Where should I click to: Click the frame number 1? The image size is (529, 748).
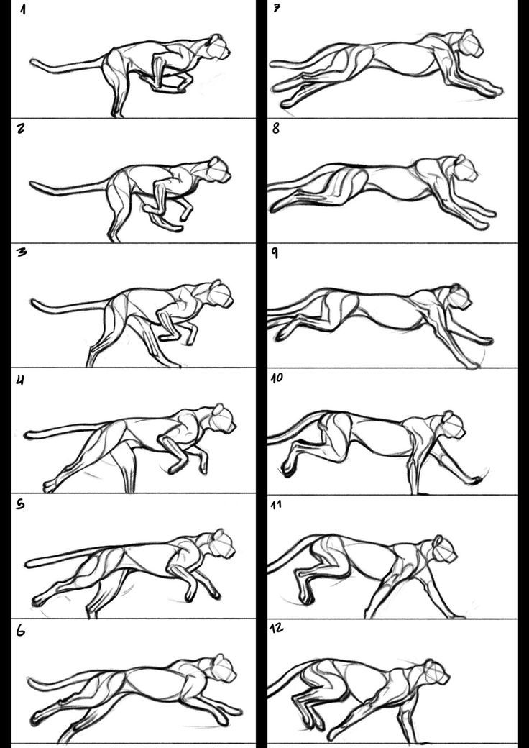(x=23, y=9)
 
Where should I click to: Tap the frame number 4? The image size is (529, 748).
(x=21, y=381)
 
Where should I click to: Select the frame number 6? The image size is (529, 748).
(x=21, y=631)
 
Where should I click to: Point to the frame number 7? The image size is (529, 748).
(x=277, y=9)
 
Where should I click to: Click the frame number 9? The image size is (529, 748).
(x=275, y=253)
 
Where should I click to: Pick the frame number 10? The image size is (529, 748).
(x=277, y=378)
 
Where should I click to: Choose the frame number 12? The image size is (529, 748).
(x=277, y=629)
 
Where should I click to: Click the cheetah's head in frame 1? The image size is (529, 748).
(x=218, y=47)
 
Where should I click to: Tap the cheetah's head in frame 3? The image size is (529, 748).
(x=221, y=293)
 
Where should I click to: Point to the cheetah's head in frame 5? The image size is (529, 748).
(x=223, y=543)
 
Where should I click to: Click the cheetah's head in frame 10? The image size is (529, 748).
(x=453, y=424)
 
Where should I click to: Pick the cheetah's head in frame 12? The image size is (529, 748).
(x=437, y=672)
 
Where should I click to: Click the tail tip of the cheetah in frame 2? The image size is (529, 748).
(x=32, y=183)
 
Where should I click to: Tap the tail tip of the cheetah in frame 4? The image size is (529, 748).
(x=27, y=434)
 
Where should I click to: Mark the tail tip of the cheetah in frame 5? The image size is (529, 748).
(x=27, y=563)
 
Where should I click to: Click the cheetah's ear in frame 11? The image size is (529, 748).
(x=437, y=540)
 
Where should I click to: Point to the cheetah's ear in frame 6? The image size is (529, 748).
(x=218, y=660)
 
